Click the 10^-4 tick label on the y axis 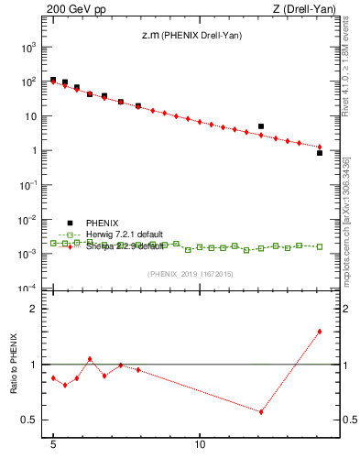pos(30,289)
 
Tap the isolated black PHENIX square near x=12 pos(261,126)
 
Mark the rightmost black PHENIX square pos(319,153)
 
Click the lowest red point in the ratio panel pos(261,411)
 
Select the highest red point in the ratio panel pos(319,332)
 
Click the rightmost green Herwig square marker pos(319,246)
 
